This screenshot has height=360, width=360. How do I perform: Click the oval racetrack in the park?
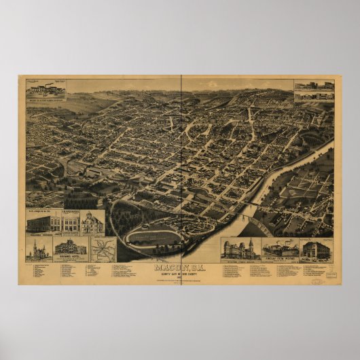[x=155, y=237]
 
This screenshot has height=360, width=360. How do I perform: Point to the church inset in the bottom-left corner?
[x=39, y=249]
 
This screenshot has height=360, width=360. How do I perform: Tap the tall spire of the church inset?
[x=35, y=244]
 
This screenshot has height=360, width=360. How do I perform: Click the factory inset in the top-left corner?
[x=46, y=90]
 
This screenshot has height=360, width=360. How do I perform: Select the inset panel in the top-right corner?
[x=314, y=91]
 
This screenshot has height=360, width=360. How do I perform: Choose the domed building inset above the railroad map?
[x=92, y=222]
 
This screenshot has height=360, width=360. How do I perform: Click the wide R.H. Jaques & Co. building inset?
[x=43, y=223]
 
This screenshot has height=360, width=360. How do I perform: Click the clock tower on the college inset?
[x=250, y=243]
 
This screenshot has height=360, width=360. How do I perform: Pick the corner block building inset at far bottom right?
[x=316, y=249]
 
